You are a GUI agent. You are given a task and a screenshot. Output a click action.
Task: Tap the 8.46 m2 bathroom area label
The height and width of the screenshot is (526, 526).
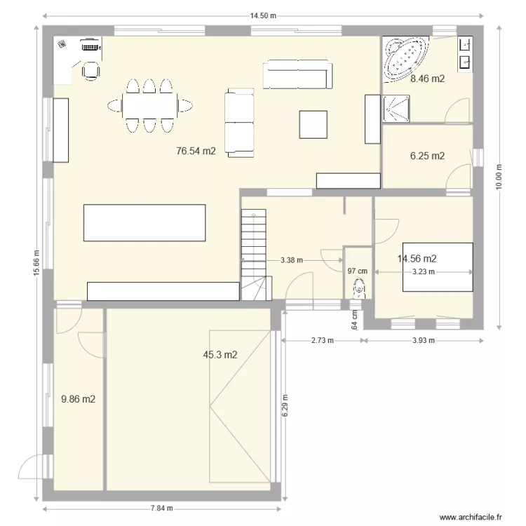[427, 79]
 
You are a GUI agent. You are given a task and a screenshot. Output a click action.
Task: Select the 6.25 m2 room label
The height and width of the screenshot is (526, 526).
[427, 156]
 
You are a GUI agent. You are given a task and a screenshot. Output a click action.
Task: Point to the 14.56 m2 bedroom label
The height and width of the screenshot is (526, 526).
[417, 259]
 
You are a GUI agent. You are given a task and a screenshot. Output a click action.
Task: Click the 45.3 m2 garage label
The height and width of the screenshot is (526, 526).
[220, 355]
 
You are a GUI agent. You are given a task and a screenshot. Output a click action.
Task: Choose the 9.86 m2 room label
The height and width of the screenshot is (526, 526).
[78, 399]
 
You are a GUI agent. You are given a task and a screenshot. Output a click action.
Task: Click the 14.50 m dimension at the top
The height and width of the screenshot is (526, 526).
[263, 15]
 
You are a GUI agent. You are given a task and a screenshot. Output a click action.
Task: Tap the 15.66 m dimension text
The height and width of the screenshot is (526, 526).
[36, 265]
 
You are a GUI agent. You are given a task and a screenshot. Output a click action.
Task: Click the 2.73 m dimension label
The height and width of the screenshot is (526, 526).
[323, 341]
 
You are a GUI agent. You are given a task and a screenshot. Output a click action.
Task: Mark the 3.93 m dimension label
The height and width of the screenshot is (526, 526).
[423, 341]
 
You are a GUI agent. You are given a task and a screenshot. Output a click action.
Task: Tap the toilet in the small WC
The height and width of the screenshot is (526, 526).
[359, 288]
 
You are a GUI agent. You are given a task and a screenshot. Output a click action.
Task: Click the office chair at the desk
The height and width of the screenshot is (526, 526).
[90, 70]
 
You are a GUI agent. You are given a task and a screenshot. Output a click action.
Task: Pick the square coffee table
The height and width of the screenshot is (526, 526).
[313, 124]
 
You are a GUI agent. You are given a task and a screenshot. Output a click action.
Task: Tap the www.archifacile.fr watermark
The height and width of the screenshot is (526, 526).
[471, 517]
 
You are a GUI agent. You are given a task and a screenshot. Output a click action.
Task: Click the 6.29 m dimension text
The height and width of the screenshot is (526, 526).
[285, 405]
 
